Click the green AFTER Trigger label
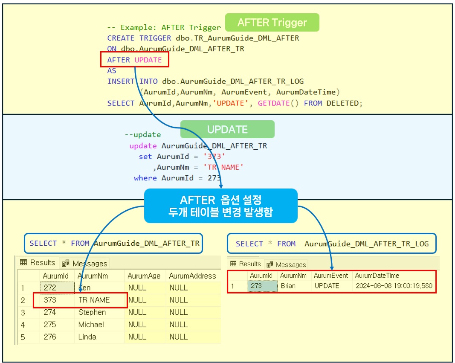coord(272,22)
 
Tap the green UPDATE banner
coord(227,129)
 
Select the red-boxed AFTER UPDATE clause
coord(135,60)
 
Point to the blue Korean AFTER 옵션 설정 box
coord(220,206)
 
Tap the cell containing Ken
coord(84,288)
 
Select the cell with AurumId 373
coord(50,300)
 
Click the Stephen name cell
coord(92,312)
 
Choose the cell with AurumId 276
coord(50,337)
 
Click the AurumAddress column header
coord(192,276)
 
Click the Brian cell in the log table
coord(288,286)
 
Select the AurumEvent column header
coord(331,276)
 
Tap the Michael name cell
coord(91,325)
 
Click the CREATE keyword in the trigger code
coord(121,38)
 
